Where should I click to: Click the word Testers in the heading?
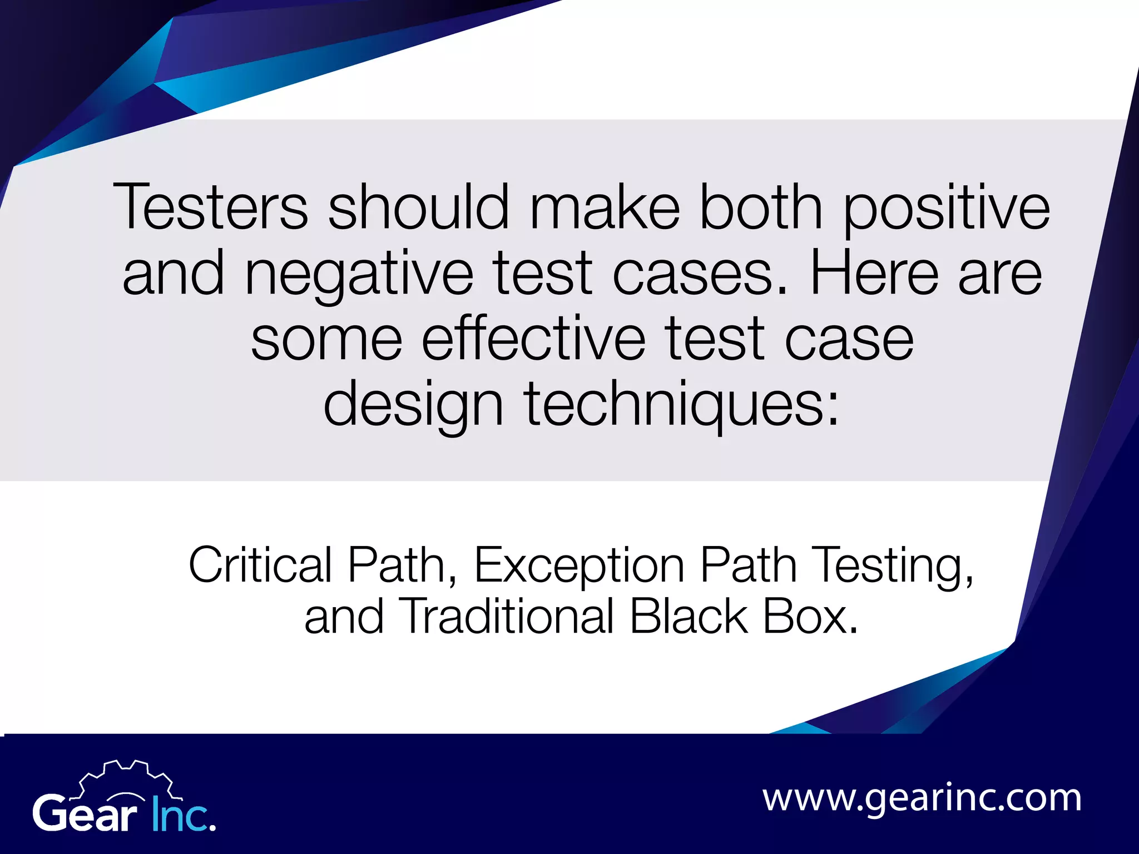click(x=210, y=207)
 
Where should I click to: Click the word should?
click(x=418, y=207)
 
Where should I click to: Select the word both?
click(x=760, y=207)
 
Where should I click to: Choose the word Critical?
click(x=260, y=565)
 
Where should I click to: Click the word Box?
click(x=810, y=617)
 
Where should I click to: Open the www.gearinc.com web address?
click(x=922, y=799)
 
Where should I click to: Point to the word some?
click(x=326, y=339)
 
